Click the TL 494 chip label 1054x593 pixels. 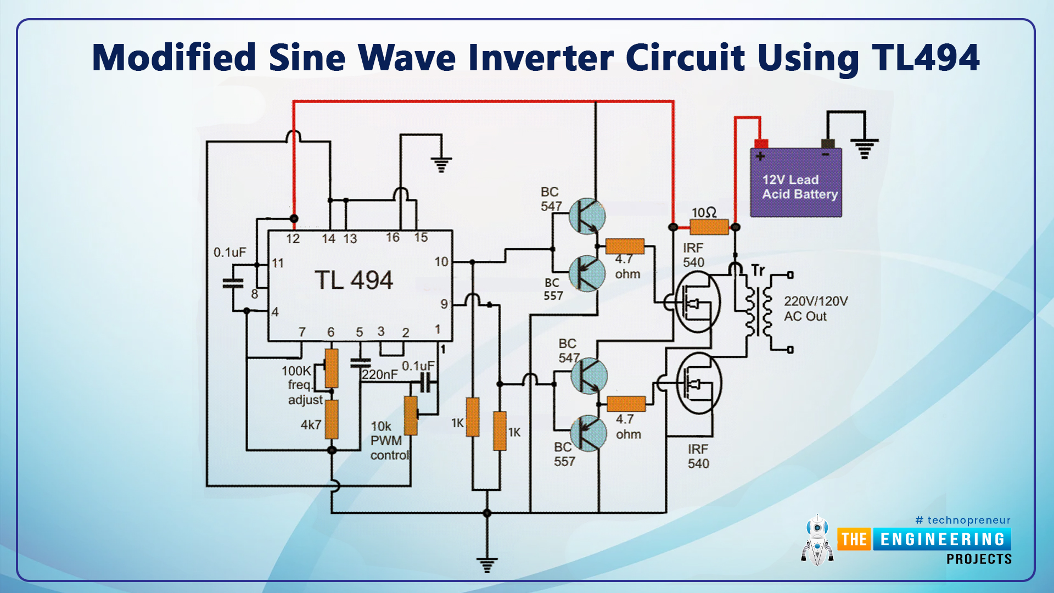(x=354, y=281)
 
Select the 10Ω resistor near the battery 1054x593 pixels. (x=709, y=227)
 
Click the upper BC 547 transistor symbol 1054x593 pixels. (x=587, y=216)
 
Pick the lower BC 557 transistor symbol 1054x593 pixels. (x=588, y=433)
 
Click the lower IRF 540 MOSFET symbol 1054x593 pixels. (x=699, y=383)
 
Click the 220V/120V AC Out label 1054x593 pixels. (x=815, y=309)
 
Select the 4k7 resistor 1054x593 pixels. (x=332, y=419)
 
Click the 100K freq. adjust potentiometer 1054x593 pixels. (x=331, y=368)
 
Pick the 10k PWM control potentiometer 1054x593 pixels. (x=411, y=416)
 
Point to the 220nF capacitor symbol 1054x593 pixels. (x=360, y=363)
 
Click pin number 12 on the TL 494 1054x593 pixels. (x=293, y=239)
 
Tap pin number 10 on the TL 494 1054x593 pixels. (x=441, y=262)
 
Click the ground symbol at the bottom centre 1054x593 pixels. (x=487, y=564)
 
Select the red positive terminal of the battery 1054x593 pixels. (x=761, y=144)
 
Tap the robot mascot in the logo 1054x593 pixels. (x=817, y=541)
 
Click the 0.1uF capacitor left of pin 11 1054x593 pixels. (x=233, y=283)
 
